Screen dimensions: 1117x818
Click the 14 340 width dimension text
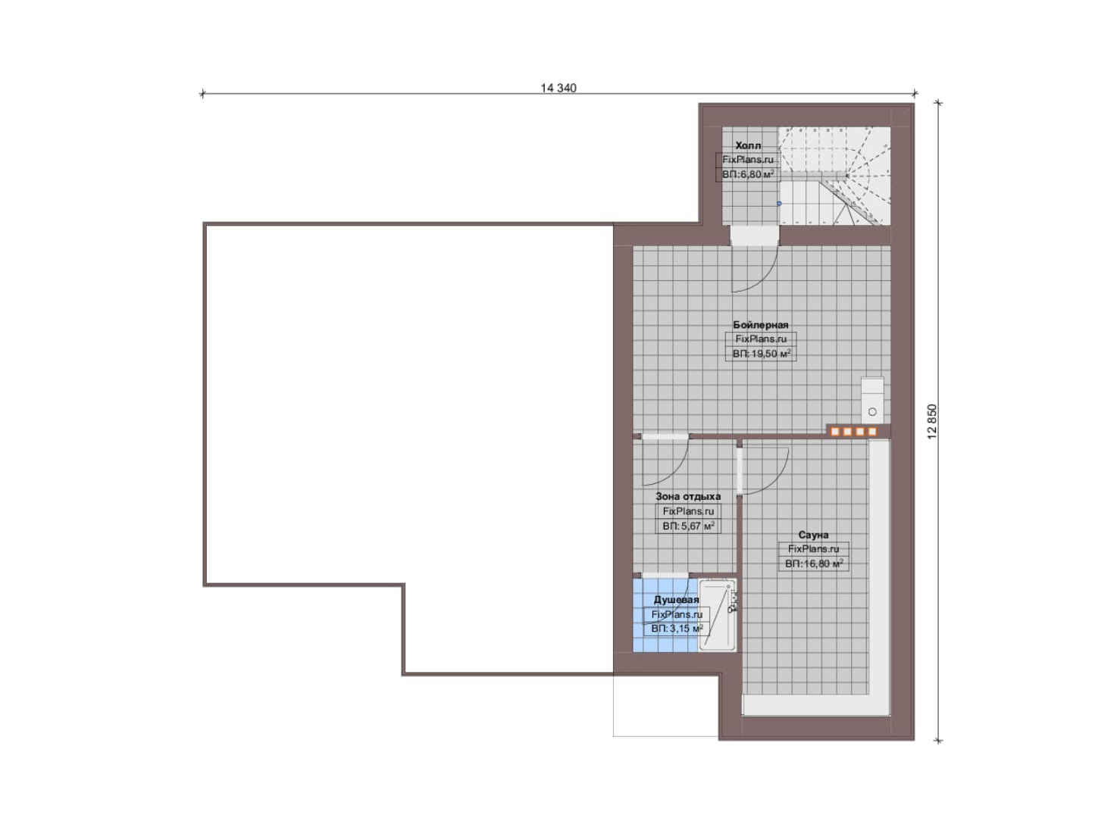[x=558, y=88]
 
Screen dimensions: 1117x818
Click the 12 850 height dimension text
[x=933, y=422]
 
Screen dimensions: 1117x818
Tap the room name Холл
[x=748, y=145]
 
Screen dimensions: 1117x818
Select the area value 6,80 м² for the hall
[x=749, y=174]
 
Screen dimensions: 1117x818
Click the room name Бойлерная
[x=761, y=325]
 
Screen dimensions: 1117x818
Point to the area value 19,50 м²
[x=762, y=354]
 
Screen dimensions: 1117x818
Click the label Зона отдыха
[x=687, y=497]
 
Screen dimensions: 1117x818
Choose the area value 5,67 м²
[x=688, y=526]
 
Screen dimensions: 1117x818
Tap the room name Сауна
[x=813, y=535]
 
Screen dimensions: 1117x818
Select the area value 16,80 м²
[x=814, y=564]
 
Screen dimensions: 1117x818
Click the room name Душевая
[x=676, y=600]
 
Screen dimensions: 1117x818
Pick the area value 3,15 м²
[x=677, y=629]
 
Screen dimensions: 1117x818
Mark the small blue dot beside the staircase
[x=779, y=204]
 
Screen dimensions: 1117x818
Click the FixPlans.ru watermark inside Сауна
[x=813, y=549]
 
